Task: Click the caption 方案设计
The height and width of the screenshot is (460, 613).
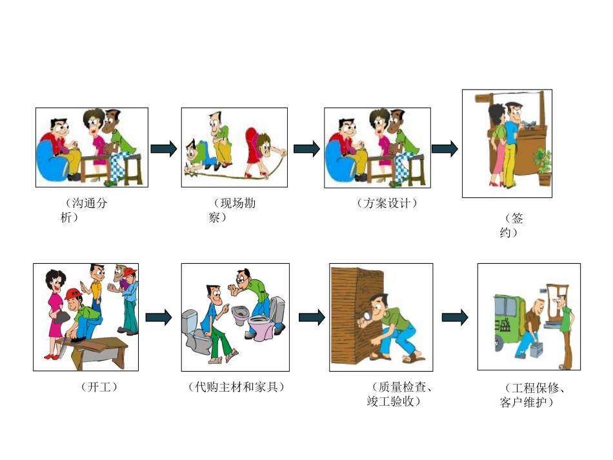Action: tap(387, 203)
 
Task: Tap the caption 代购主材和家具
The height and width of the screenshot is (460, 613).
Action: tap(236, 387)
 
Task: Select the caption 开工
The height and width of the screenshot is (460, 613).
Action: tap(99, 387)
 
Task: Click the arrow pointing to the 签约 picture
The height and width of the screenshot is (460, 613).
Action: tap(444, 149)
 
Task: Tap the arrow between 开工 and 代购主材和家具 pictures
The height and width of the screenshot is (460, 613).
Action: tap(158, 317)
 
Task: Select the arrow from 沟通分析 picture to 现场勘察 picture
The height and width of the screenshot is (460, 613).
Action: tap(163, 149)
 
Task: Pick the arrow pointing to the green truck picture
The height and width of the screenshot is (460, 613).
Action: tap(454, 317)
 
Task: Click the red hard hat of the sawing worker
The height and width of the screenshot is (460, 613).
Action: tap(72, 294)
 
